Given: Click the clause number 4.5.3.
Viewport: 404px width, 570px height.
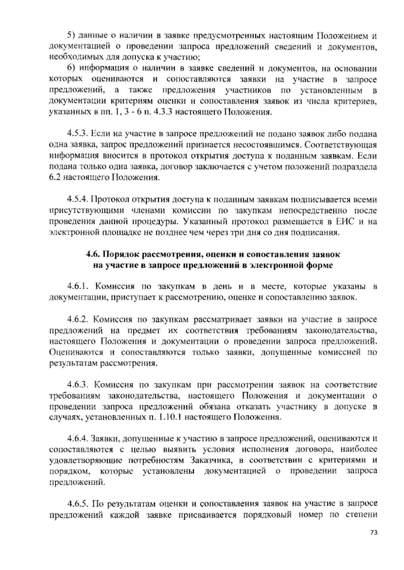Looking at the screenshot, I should point(77,134).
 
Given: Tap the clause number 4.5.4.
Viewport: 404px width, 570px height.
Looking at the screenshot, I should point(77,200).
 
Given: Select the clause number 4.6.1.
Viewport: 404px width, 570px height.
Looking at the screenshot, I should point(77,287).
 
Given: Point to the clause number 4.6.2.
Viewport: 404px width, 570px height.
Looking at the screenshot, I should point(77,319).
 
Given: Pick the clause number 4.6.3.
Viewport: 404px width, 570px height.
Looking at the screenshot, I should point(77,385).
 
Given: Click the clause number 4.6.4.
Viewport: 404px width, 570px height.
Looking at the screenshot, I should point(77,439).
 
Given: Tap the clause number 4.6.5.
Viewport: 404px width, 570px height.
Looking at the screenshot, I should point(77,504).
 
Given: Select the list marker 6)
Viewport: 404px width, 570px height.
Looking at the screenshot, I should point(71,69).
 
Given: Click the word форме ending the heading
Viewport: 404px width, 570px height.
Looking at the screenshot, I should point(319,265).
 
